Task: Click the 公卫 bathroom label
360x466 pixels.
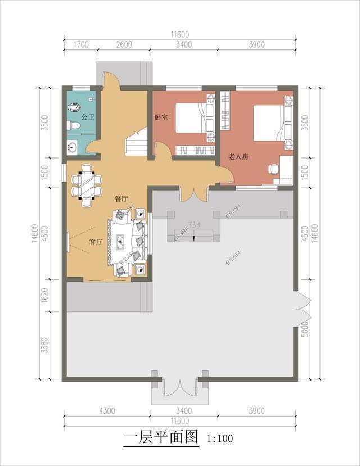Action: click(x=87, y=117)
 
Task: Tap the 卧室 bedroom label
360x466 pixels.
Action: click(x=161, y=117)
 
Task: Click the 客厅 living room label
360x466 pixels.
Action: click(x=96, y=242)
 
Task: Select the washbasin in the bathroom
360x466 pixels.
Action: click(x=73, y=148)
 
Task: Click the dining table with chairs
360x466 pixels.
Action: click(x=87, y=184)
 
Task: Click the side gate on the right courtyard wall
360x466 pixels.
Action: click(x=302, y=307)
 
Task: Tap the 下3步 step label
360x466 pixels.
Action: click(x=193, y=226)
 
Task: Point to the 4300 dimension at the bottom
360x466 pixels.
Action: click(x=106, y=411)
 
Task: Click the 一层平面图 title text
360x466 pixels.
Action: click(x=161, y=437)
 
